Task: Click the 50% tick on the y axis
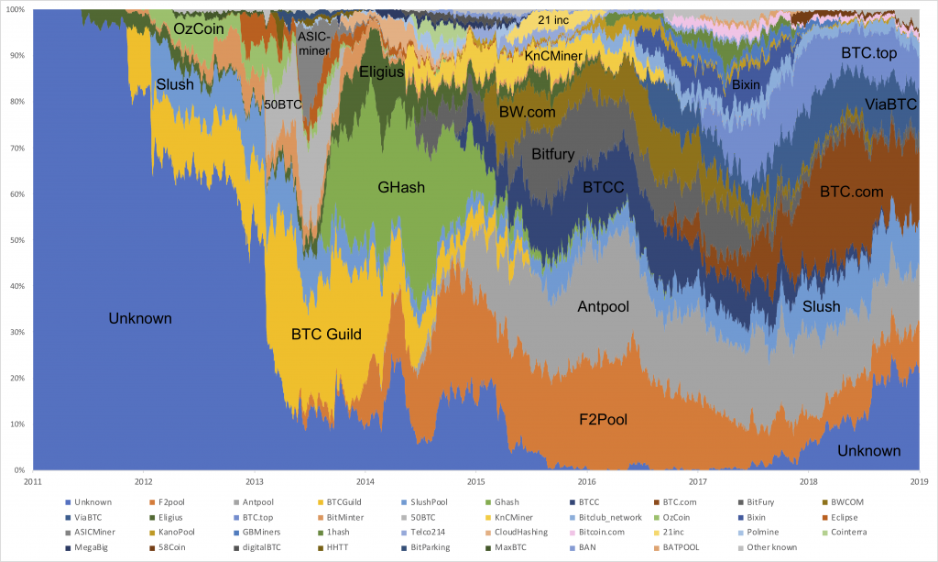[x=17, y=240]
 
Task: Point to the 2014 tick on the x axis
[x=365, y=480]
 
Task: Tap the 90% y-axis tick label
[x=17, y=55]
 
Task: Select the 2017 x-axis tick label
[x=697, y=480]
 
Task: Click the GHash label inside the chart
[x=402, y=188]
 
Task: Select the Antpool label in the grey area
[x=604, y=306]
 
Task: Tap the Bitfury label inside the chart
[x=553, y=155]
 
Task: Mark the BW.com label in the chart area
[x=527, y=113]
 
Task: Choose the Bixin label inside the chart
[x=746, y=85]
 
